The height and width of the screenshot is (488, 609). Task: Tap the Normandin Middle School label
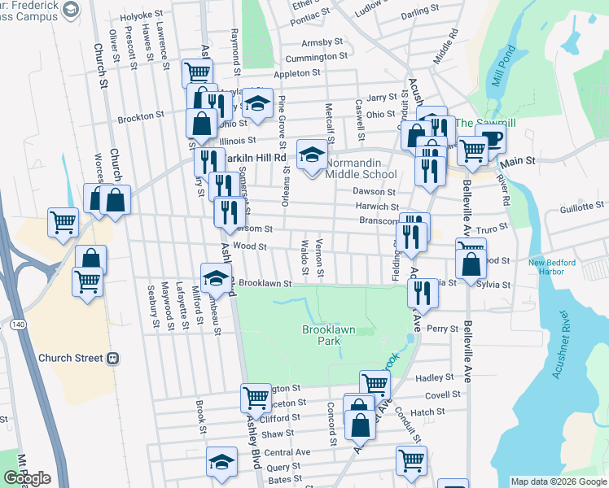[x=361, y=168]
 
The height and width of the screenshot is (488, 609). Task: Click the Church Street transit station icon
[x=114, y=358]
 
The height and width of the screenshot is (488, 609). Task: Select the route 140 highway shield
[x=15, y=324]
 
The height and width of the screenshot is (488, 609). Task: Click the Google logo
[x=26, y=478]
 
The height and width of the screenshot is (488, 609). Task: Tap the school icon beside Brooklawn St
[x=216, y=277]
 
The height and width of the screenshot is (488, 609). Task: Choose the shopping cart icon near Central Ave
[x=411, y=460]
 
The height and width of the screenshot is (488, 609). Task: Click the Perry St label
[x=443, y=329]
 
